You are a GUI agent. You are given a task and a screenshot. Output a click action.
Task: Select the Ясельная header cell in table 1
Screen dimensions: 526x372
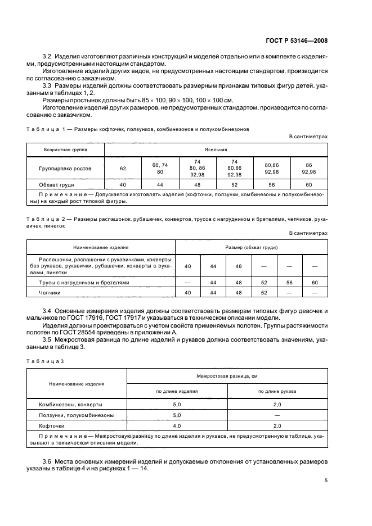click(x=216, y=150)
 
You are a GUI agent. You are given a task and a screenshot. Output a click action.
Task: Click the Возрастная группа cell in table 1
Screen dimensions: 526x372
click(x=65, y=150)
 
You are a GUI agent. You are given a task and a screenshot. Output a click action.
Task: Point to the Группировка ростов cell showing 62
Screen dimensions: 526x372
click(x=123, y=168)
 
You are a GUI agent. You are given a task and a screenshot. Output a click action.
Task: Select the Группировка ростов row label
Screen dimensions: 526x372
click(x=65, y=168)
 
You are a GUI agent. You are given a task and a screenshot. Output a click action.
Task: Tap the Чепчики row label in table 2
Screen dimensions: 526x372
click(x=50, y=293)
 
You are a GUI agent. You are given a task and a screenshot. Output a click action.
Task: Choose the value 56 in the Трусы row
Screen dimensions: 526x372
click(x=290, y=282)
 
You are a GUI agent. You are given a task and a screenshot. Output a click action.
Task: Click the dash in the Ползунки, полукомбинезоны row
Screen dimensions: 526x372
click(x=277, y=415)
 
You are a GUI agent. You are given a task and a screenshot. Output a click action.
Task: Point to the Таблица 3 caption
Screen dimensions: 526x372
click(x=47, y=359)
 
